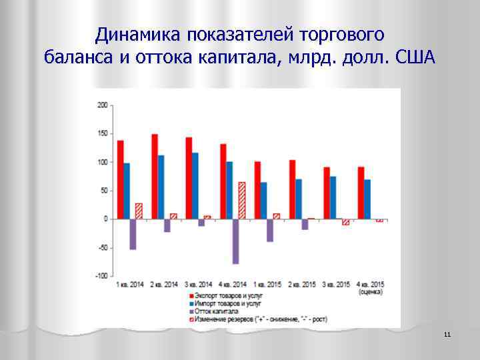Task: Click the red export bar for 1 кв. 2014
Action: [x=121, y=179]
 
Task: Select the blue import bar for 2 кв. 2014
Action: [x=161, y=187]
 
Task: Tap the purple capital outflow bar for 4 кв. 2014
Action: [x=236, y=241]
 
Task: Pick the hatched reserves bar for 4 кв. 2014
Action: [x=242, y=200]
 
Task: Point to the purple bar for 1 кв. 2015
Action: [x=270, y=230]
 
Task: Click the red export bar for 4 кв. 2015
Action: [x=361, y=193]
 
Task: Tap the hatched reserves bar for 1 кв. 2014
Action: [x=139, y=211]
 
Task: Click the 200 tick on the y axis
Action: [x=103, y=105]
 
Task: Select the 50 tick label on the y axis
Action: [x=104, y=191]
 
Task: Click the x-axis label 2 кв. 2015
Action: [x=301, y=285]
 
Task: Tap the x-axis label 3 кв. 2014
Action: [x=197, y=285]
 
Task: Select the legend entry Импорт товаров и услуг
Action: [x=225, y=303]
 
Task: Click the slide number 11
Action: [x=447, y=334]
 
